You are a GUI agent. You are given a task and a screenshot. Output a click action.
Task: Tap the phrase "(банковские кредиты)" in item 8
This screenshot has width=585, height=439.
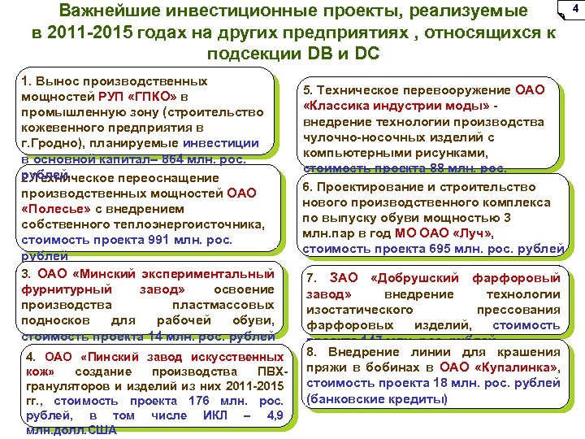click(x=375, y=399)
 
